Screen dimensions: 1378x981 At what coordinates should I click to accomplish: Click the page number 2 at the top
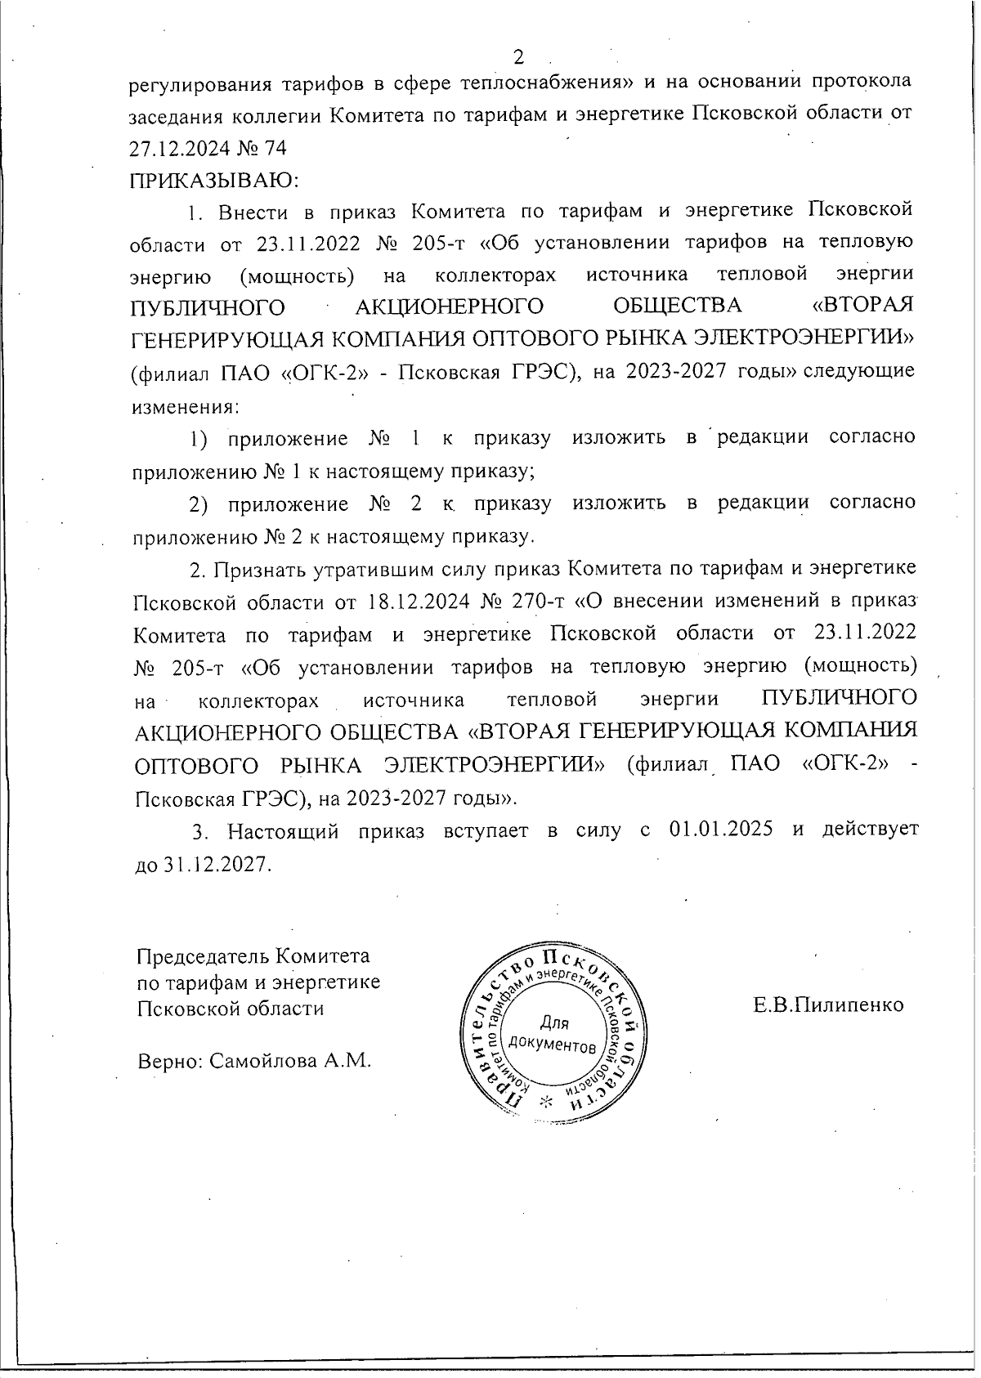coord(517,57)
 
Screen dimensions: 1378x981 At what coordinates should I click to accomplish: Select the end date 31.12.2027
coord(213,864)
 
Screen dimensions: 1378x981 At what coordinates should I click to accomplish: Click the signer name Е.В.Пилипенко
coord(827,1004)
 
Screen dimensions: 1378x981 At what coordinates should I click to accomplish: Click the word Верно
coord(167,1061)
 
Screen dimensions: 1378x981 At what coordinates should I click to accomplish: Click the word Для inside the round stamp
coord(555,1022)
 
